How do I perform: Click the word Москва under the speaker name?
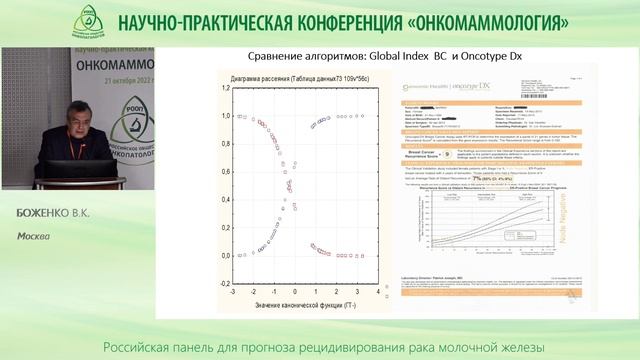(34, 237)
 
